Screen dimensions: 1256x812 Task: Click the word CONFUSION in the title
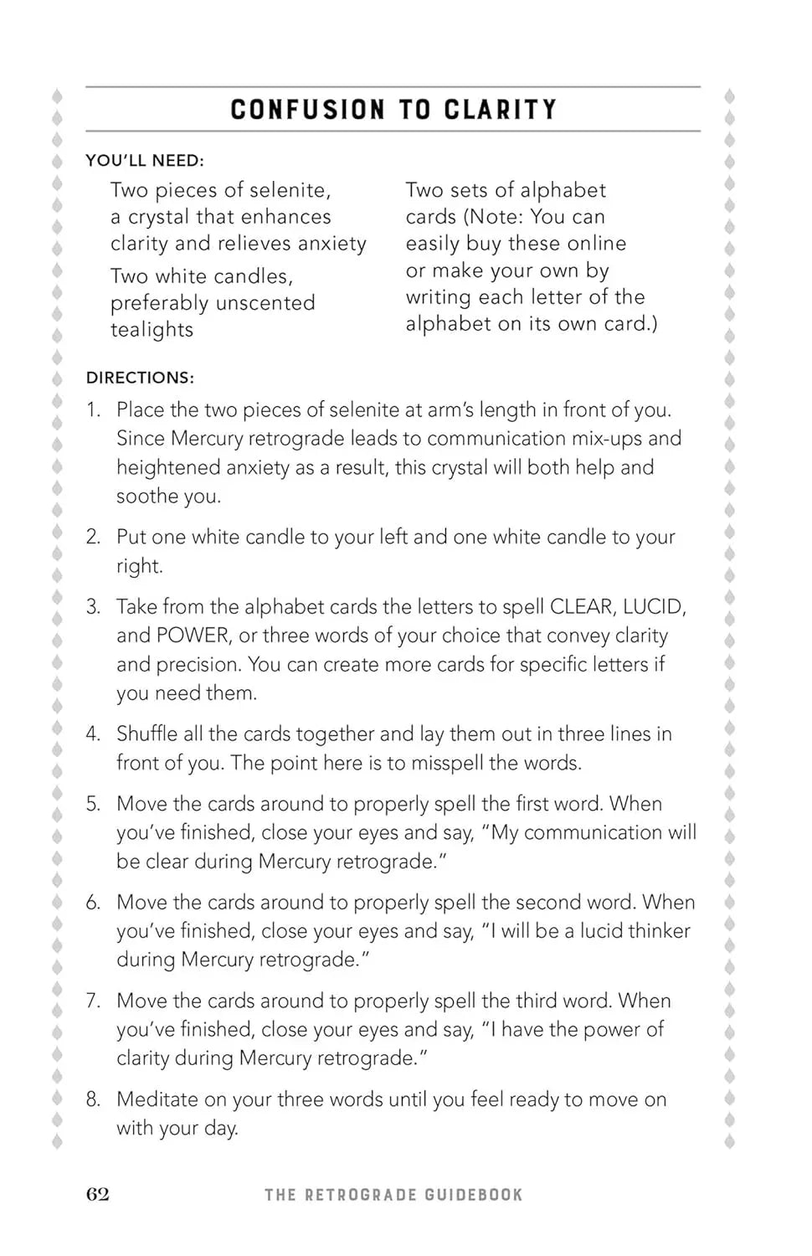click(308, 110)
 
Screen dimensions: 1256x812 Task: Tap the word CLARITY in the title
click(500, 110)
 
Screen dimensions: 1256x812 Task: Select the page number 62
click(98, 1194)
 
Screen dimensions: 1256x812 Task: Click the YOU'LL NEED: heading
click(145, 161)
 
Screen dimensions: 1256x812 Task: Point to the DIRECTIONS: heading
click(140, 378)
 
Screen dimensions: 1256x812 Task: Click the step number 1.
click(93, 410)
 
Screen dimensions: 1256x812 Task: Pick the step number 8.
click(93, 1099)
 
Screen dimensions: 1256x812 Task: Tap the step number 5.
click(93, 804)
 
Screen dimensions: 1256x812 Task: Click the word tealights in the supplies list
click(152, 330)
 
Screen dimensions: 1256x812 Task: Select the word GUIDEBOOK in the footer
click(473, 1195)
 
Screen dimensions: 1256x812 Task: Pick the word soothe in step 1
click(142, 497)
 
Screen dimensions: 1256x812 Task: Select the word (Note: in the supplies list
click(493, 217)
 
